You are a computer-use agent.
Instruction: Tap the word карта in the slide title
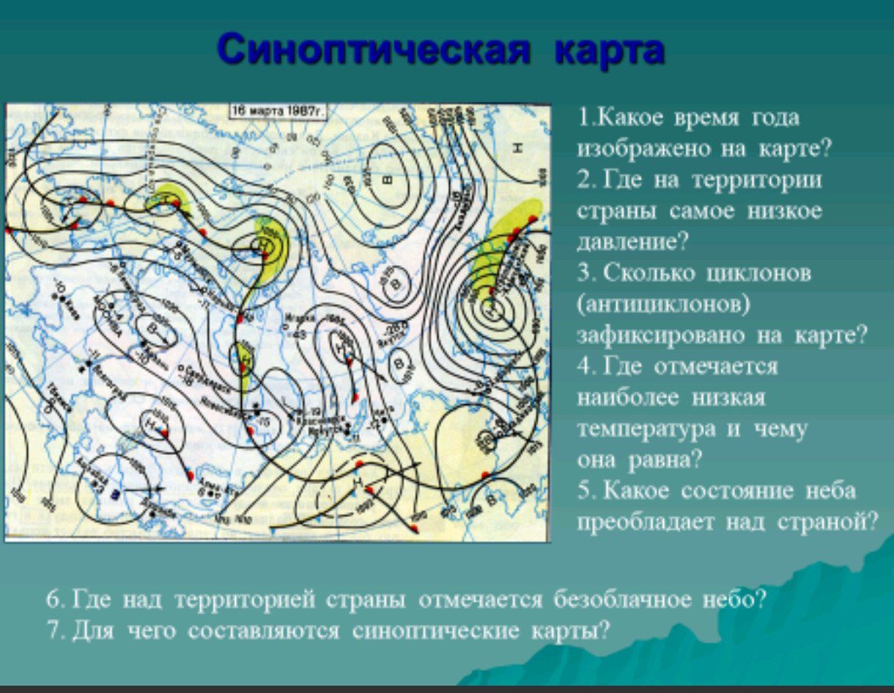pos(610,51)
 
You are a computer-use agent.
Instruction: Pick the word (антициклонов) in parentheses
pos(664,304)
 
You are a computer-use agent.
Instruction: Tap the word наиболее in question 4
pos(627,398)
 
